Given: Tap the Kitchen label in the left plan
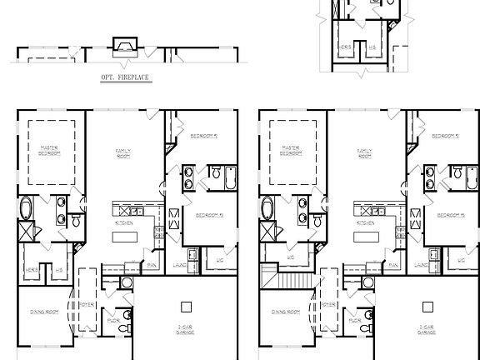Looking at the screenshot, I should click(x=122, y=223).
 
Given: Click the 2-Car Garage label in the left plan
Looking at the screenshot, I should click(x=185, y=329).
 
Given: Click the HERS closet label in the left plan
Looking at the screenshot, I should click(x=32, y=269).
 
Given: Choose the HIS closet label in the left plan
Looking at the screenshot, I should click(x=59, y=269).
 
